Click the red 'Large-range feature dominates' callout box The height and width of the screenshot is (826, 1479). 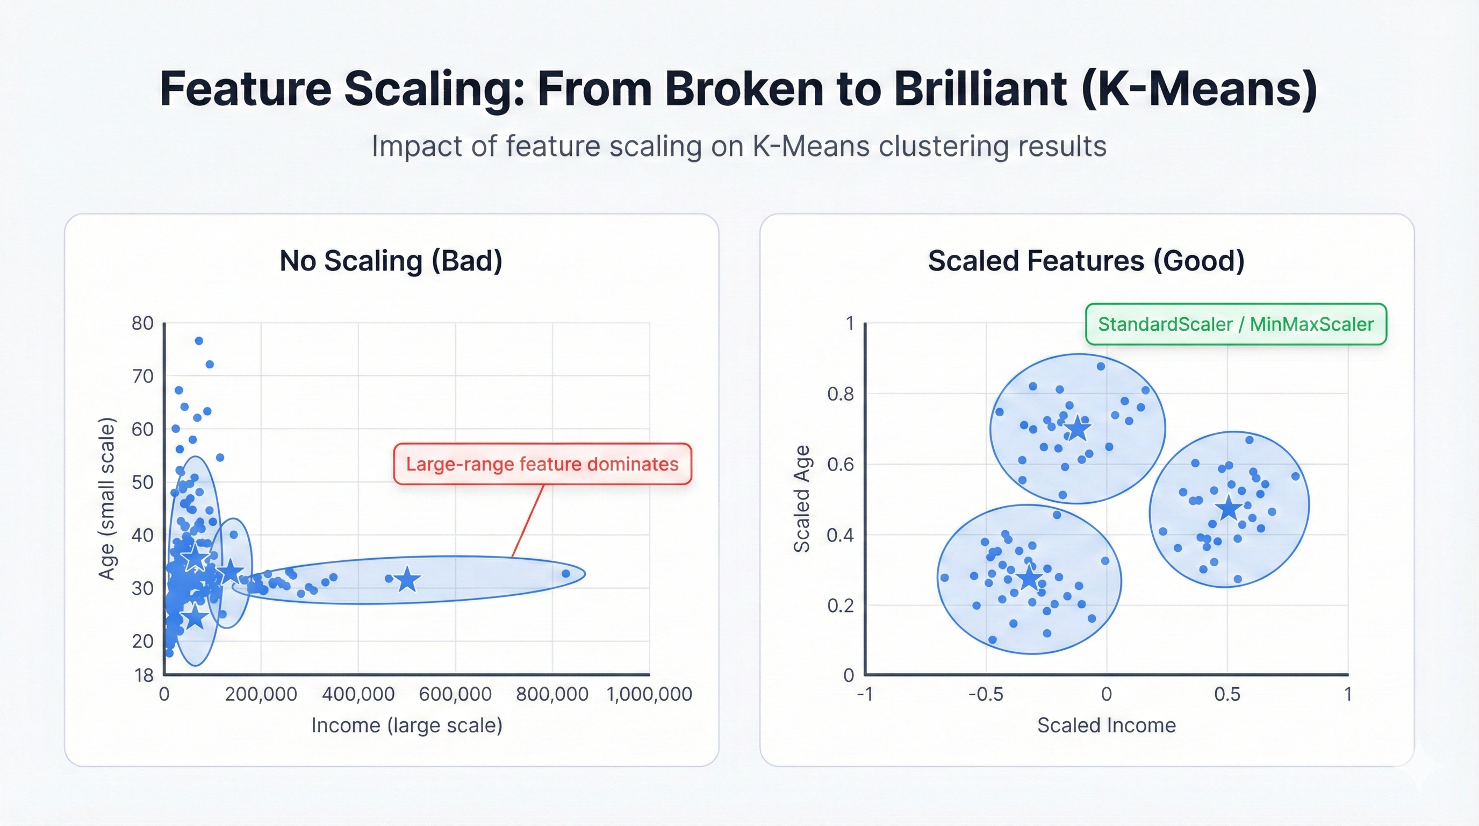click(x=542, y=464)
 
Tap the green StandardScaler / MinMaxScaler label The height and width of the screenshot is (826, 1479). click(x=1236, y=324)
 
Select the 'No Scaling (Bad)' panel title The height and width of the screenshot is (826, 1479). click(x=390, y=261)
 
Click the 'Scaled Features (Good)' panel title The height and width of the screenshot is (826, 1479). click(x=1086, y=261)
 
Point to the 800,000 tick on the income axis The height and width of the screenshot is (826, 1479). click(x=552, y=694)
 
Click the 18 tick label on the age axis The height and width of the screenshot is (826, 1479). click(x=144, y=675)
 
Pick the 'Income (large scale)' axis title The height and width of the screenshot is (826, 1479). click(x=406, y=725)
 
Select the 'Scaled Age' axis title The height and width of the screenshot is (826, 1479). click(x=801, y=499)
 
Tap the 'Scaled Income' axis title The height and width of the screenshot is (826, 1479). click(x=1106, y=725)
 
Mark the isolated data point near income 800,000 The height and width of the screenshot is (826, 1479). click(x=565, y=573)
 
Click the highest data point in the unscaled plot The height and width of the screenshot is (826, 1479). click(x=199, y=340)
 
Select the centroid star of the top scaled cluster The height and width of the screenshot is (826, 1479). click(x=1077, y=429)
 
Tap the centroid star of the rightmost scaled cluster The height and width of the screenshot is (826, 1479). click(x=1228, y=508)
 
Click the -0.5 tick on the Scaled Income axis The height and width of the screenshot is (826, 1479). click(x=985, y=694)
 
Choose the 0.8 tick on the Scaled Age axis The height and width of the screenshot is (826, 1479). click(x=840, y=394)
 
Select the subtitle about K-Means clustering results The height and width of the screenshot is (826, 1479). click(x=738, y=146)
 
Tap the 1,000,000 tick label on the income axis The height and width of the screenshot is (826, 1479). click(x=649, y=694)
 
